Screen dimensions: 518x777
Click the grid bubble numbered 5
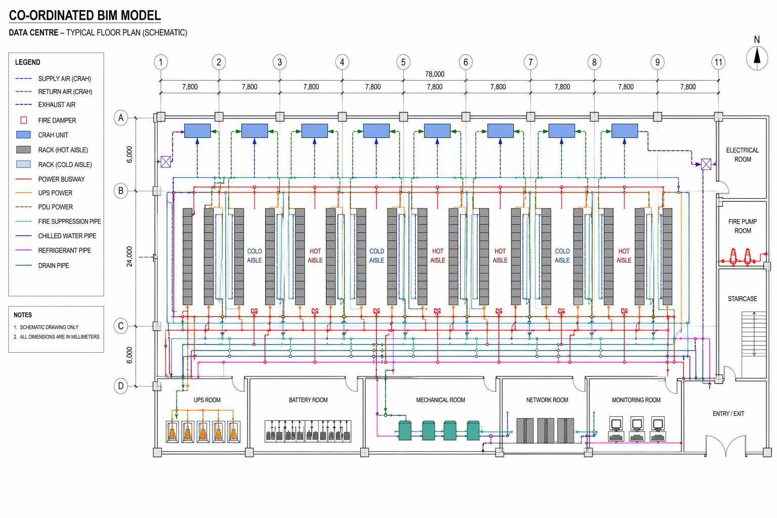tap(403, 62)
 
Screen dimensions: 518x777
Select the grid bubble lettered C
tap(120, 326)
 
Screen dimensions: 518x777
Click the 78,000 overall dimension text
tap(435, 74)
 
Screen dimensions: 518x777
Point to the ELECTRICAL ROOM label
tap(742, 155)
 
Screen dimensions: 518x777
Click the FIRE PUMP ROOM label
tap(742, 226)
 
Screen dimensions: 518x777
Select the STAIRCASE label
tap(742, 299)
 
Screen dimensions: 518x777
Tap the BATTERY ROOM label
tap(308, 400)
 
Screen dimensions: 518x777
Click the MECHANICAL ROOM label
tap(440, 400)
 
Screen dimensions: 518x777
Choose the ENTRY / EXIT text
tap(728, 414)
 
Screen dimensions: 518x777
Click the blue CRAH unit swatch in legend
tap(23, 135)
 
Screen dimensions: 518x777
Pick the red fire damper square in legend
tap(23, 120)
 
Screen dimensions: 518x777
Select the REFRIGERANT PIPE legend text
tap(65, 250)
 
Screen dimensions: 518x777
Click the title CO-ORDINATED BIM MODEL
tap(85, 16)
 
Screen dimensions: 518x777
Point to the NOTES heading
tap(23, 315)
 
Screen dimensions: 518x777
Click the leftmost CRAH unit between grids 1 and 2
tap(197, 131)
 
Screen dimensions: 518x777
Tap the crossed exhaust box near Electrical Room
tap(706, 164)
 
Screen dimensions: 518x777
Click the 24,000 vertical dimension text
tap(129, 256)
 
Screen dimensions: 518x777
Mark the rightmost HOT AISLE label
tap(624, 255)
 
